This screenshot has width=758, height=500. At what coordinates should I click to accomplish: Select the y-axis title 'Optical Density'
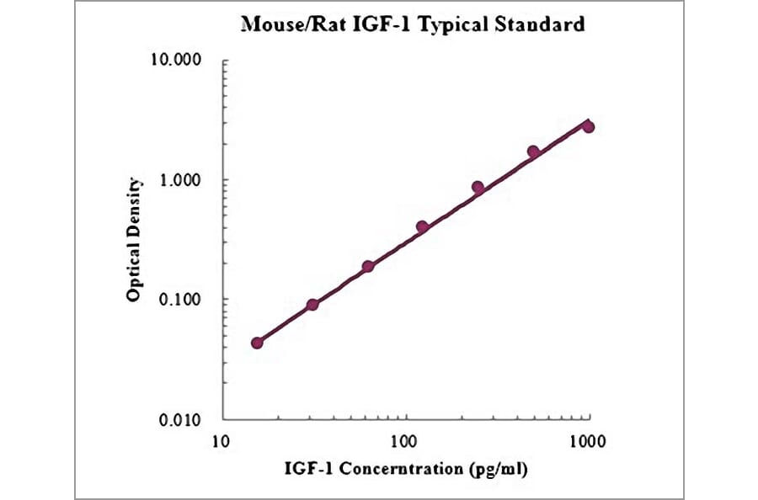[133, 240]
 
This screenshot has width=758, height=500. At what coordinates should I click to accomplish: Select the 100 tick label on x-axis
[405, 440]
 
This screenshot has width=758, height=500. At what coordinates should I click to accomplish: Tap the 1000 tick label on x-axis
[588, 440]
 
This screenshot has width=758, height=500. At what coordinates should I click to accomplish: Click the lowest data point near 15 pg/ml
[257, 343]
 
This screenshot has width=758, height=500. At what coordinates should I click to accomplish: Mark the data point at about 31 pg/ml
[312, 305]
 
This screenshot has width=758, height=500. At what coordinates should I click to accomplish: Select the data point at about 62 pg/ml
[368, 266]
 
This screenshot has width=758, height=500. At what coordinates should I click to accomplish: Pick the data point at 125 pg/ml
[423, 227]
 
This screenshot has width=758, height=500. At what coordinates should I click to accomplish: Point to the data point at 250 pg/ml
[478, 188]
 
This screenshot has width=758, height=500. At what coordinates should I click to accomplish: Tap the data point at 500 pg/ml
[533, 152]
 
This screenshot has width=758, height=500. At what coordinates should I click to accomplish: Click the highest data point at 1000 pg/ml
[589, 126]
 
